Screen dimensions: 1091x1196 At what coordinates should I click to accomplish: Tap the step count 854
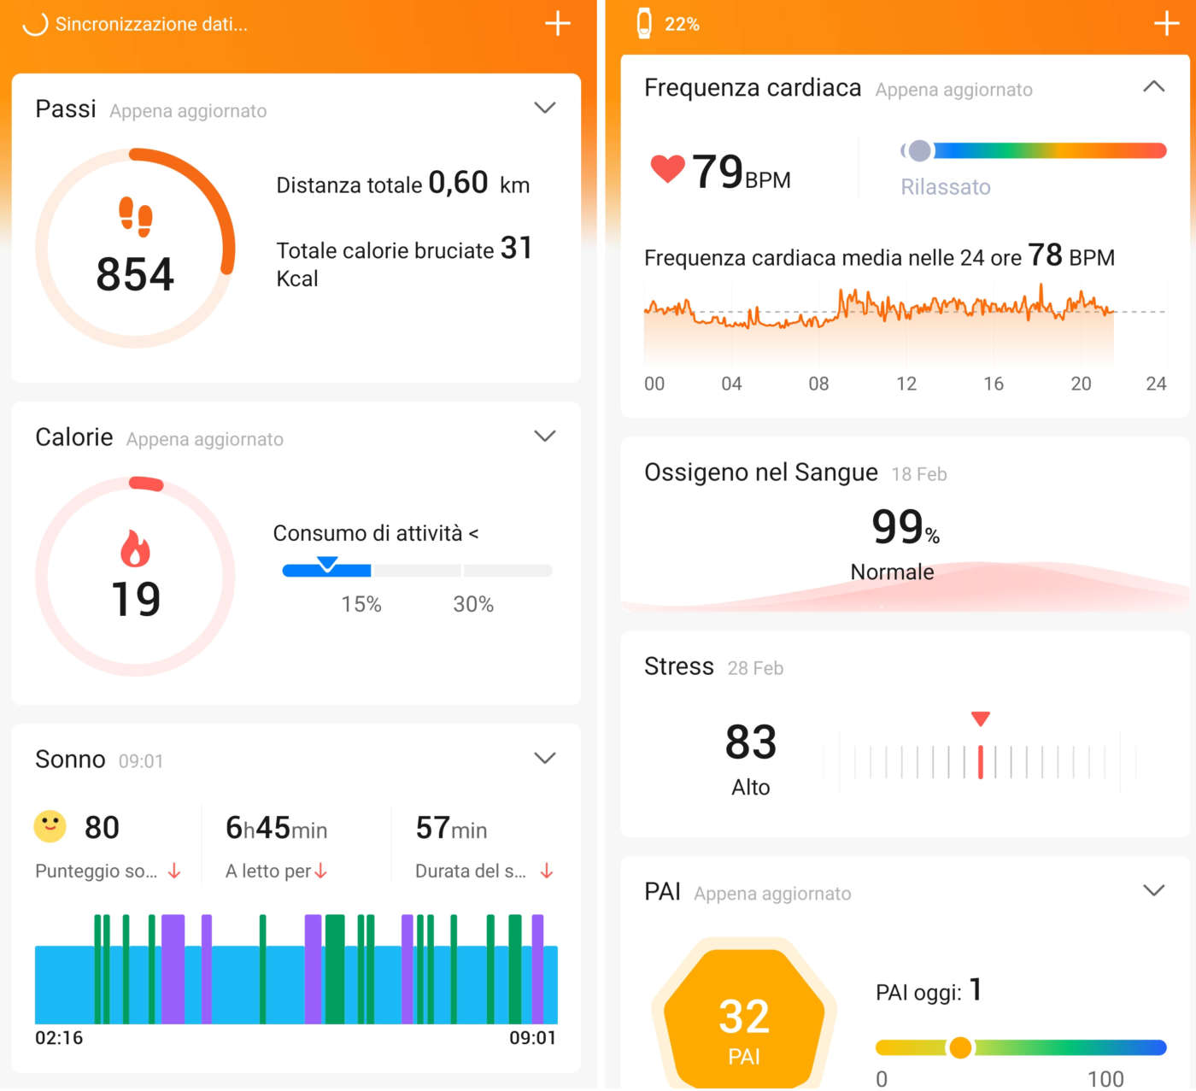click(135, 274)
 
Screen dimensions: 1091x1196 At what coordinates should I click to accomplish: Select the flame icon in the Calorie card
click(135, 548)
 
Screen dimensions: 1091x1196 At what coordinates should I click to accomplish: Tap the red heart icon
click(667, 168)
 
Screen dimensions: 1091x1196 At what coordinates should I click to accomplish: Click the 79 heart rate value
click(718, 172)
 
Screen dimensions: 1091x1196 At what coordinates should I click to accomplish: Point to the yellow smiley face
click(50, 826)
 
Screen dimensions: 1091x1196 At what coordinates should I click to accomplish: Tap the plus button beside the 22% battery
click(1166, 23)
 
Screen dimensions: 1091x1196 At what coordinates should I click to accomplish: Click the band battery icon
click(644, 23)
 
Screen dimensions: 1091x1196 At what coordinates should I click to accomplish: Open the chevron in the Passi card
click(544, 108)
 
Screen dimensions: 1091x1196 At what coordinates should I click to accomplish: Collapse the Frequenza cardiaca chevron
click(1153, 86)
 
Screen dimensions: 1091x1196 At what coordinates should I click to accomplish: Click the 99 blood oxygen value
click(897, 526)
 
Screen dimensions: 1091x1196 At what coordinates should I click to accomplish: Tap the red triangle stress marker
click(981, 719)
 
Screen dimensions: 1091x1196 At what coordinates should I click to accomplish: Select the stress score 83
click(750, 742)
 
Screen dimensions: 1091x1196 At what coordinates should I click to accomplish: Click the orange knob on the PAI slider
click(960, 1047)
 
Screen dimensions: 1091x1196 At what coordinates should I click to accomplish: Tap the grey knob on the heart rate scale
click(919, 151)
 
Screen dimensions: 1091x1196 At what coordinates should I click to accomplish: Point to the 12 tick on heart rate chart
click(906, 384)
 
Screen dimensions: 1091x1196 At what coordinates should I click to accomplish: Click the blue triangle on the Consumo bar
click(327, 564)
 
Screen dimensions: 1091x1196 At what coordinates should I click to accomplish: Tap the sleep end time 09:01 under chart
click(532, 1037)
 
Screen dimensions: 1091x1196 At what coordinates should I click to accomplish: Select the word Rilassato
click(946, 187)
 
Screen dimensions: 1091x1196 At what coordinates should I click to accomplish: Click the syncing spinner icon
click(35, 23)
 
